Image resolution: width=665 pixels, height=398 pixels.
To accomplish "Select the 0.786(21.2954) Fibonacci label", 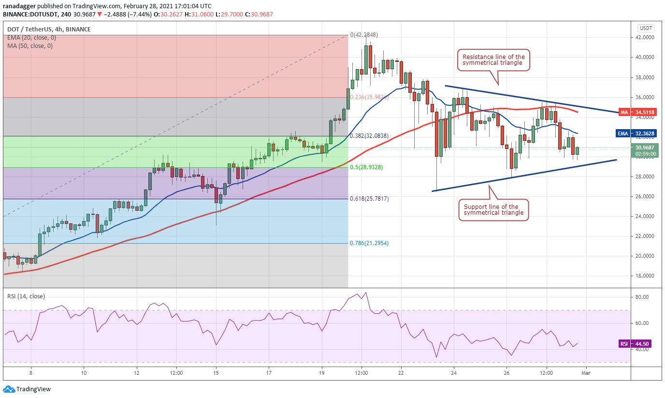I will [369, 243].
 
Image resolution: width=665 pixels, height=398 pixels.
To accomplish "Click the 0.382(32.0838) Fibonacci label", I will [369, 136].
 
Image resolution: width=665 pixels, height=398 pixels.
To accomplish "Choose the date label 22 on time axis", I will [401, 373].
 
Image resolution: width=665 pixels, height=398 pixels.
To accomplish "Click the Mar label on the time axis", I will [585, 373].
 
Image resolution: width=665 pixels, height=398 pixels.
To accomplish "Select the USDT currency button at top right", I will [646, 28].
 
